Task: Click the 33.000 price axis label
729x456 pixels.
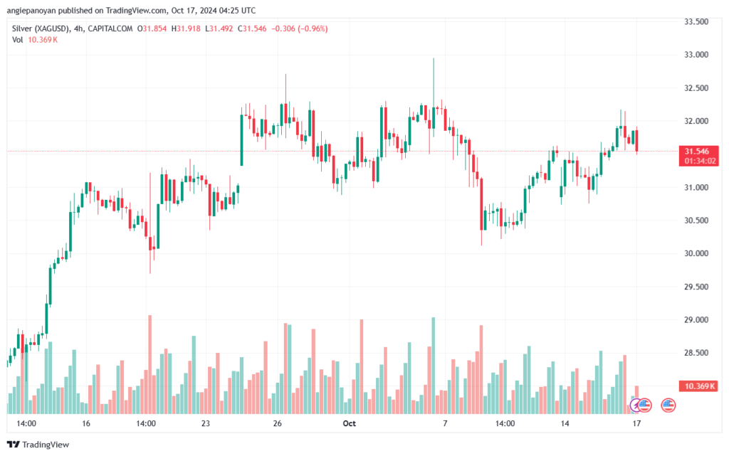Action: (x=696, y=55)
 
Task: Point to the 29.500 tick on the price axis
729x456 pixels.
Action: (x=696, y=287)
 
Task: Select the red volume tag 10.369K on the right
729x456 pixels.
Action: (x=699, y=386)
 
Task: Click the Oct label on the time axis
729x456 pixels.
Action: (x=349, y=423)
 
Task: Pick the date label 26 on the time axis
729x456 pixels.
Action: (x=278, y=423)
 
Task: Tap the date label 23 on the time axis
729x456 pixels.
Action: (x=206, y=423)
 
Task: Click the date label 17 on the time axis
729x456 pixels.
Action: (x=636, y=423)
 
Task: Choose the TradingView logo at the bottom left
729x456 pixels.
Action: (x=38, y=445)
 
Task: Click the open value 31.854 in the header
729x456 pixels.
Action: (x=154, y=28)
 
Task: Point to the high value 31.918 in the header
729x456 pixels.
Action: (x=188, y=28)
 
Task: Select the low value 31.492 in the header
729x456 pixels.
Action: (x=221, y=28)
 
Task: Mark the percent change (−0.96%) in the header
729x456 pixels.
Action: (x=313, y=28)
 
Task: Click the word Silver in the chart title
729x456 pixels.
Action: (x=22, y=28)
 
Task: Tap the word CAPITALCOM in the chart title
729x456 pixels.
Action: (x=110, y=28)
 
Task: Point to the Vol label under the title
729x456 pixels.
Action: (x=18, y=40)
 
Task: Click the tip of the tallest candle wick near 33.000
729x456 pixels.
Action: (x=434, y=58)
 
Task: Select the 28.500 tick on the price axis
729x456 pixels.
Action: (x=696, y=353)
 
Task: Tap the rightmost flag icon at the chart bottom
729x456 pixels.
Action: (x=668, y=405)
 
